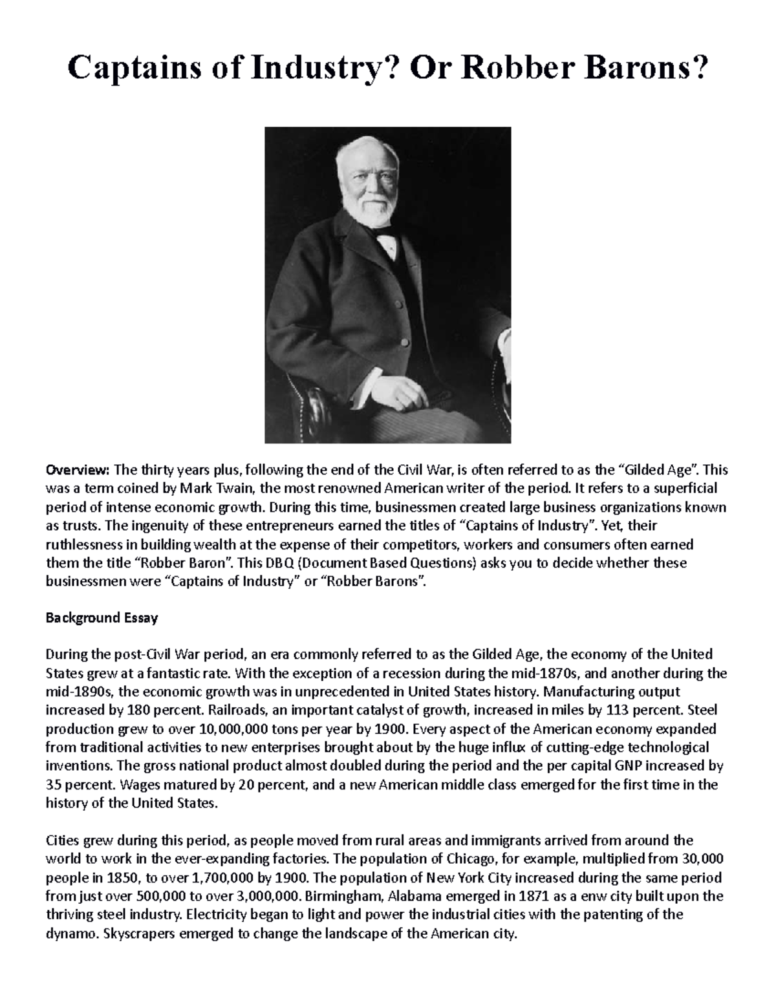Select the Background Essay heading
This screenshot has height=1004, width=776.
(102, 617)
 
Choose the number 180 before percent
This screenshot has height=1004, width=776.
(137, 710)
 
